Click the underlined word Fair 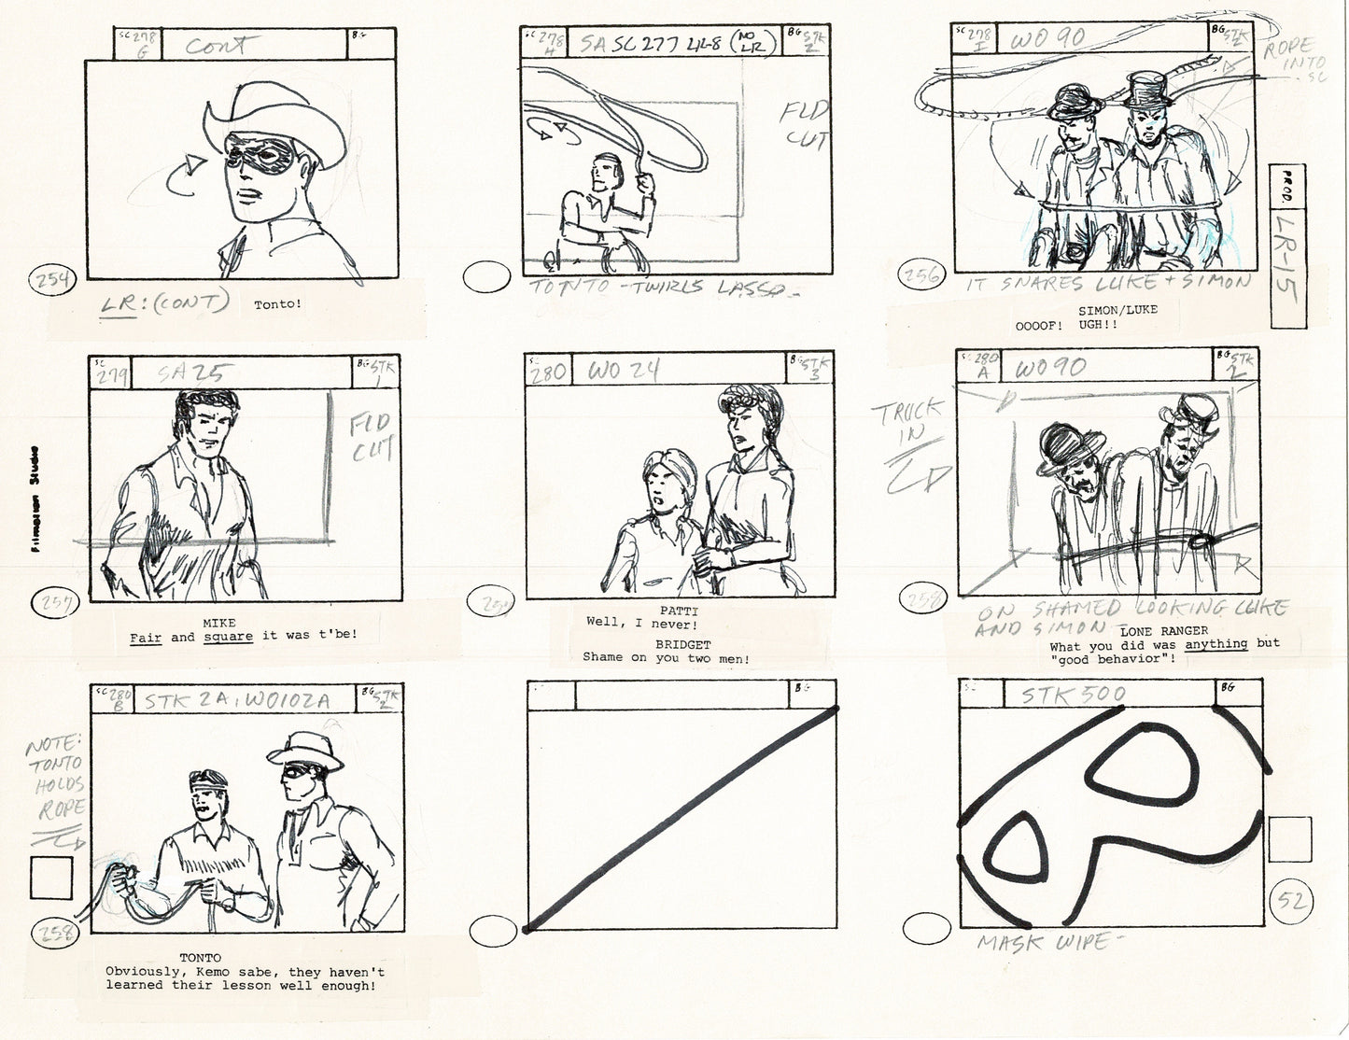click(x=146, y=637)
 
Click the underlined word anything click(x=1216, y=644)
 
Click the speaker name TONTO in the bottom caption click(x=200, y=958)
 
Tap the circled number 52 click(x=1292, y=903)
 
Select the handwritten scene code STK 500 click(x=1074, y=695)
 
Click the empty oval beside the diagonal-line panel click(x=492, y=931)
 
